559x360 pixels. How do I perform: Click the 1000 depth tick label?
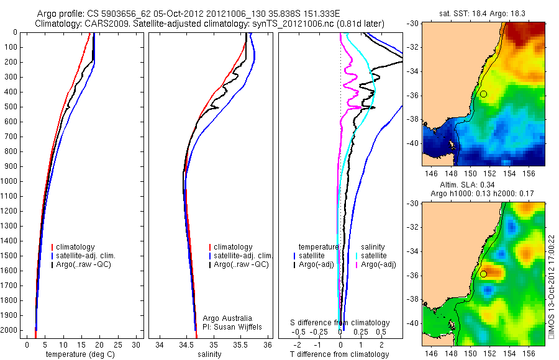coord(10,181)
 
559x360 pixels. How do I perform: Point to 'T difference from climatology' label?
coord(340,354)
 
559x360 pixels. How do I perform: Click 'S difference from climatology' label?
coord(340,323)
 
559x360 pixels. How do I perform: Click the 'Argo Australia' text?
coord(228,318)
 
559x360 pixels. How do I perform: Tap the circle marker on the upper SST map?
coord(483,94)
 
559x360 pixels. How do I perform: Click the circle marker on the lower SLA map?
coord(483,274)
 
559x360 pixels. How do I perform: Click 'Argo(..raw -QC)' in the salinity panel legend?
coord(240,264)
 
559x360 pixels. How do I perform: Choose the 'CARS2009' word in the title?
coord(102,24)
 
